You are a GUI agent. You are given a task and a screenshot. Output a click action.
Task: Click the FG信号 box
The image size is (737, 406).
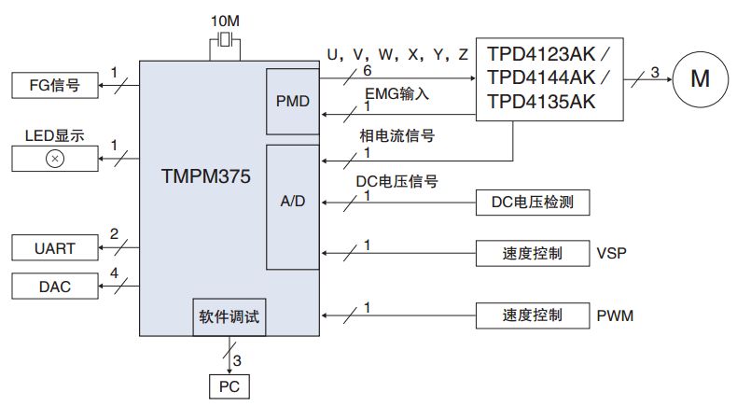[54, 87]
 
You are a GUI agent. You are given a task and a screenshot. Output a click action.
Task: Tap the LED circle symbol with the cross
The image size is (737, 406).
[54, 159]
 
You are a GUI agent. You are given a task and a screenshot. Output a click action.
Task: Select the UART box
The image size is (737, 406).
[54, 248]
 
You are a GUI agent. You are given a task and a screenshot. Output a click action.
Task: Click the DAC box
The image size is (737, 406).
[54, 287]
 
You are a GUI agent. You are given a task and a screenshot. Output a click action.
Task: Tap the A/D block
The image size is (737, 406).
[293, 203]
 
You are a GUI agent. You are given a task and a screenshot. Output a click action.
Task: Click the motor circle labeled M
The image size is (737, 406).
[700, 78]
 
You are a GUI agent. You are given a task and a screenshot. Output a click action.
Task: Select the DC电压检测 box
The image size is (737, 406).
[533, 201]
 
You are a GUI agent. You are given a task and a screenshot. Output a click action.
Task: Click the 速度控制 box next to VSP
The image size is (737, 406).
[533, 253]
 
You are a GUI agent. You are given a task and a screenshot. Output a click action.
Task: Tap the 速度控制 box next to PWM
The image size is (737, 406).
[533, 315]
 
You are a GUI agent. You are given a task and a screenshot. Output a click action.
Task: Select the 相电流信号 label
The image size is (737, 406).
[397, 136]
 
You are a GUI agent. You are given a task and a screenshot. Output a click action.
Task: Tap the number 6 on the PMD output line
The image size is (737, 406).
[367, 70]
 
